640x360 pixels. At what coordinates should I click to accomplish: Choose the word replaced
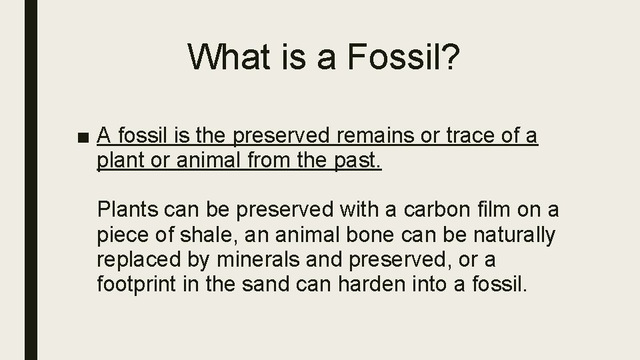point(136,259)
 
